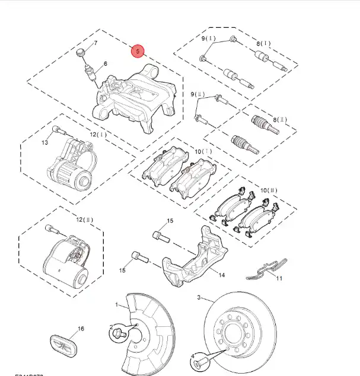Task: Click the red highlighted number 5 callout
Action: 138,52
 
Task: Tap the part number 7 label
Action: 95,44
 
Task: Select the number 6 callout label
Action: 105,64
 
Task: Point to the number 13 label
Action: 44,143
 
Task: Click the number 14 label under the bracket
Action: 221,275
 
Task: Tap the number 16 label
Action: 81,329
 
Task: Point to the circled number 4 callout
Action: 193,356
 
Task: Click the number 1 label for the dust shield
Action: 117,305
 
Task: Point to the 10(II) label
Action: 269,190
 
